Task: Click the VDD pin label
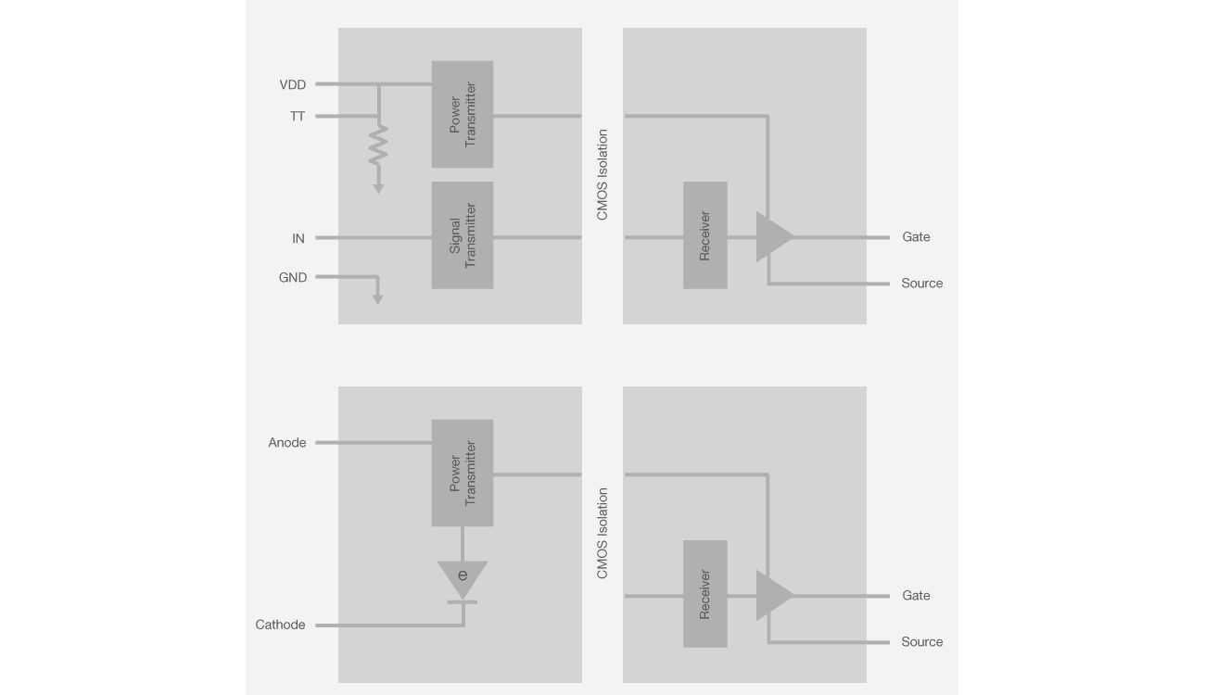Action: click(292, 85)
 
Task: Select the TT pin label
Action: click(297, 117)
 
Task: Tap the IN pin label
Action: click(298, 239)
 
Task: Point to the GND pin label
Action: click(293, 278)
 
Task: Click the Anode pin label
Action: click(286, 443)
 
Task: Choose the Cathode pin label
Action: click(280, 625)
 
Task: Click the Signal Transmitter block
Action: click(462, 235)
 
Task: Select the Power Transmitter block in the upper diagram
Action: click(462, 114)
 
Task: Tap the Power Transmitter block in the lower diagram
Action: click(462, 473)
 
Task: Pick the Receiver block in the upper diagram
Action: click(704, 235)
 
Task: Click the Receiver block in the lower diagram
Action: click(704, 594)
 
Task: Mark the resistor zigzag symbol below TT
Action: click(377, 145)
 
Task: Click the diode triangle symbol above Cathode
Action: click(462, 578)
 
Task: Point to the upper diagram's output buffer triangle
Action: click(773, 237)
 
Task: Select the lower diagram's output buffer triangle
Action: click(773, 596)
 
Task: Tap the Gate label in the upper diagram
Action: click(916, 237)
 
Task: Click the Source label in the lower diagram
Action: click(921, 642)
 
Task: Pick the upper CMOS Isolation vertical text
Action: click(602, 175)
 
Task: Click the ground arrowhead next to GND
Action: click(377, 299)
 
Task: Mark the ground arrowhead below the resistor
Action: click(377, 189)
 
